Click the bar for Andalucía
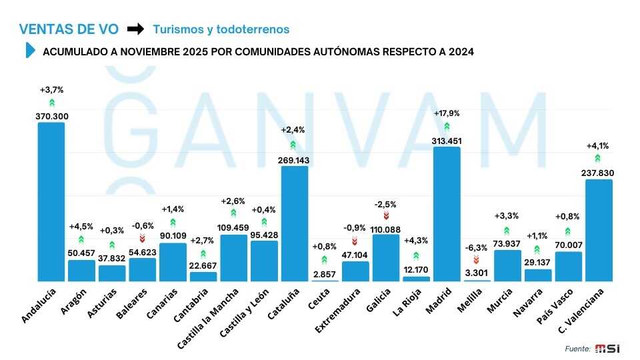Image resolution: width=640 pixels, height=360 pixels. pos(51,202)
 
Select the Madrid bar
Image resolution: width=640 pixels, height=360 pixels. pos(447,214)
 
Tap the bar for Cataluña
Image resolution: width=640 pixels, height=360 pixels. pos(295,224)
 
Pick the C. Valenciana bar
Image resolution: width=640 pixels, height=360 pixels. pos(599,231)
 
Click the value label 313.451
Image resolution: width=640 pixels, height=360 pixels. pos(447,141)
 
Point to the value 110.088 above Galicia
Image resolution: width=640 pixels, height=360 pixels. pos(386,230)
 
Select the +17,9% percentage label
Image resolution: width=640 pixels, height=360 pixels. pos(447,113)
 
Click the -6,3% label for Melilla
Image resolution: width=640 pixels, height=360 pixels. pos(477,248)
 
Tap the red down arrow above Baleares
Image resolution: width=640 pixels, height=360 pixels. pos(142,238)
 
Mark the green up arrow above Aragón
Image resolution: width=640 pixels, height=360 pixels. pos(81,239)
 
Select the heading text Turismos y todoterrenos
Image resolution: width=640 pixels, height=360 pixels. pos(221,29)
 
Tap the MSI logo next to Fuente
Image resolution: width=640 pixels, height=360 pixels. pos(607,348)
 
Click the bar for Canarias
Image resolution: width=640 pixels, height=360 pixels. pos(173,262)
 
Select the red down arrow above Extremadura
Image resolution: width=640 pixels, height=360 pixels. pos(355,240)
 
